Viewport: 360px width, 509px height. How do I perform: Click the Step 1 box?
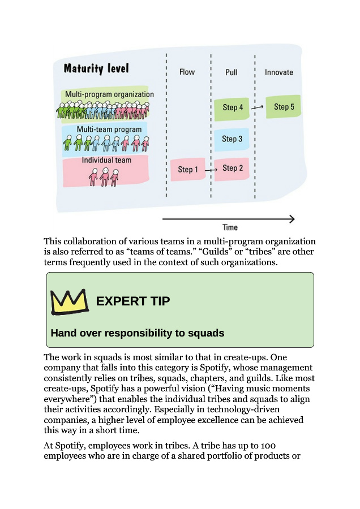(188, 169)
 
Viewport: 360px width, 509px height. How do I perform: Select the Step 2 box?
(232, 168)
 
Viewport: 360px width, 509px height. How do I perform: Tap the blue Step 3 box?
(232, 139)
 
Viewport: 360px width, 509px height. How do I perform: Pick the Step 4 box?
(233, 107)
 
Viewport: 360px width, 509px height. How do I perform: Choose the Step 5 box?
(284, 106)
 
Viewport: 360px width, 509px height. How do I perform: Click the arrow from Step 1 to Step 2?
(211, 169)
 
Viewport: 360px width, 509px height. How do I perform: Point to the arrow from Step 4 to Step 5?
(258, 107)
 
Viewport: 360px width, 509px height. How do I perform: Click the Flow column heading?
(187, 72)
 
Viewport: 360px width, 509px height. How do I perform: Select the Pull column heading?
(231, 72)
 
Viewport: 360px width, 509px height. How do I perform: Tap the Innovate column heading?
(279, 72)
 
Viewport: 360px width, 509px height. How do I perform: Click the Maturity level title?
(96, 69)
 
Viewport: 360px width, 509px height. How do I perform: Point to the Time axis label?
(230, 227)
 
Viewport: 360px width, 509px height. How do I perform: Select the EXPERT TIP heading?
(132, 301)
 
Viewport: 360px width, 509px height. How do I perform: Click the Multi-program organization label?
(109, 94)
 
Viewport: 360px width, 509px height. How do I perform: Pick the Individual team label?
(106, 160)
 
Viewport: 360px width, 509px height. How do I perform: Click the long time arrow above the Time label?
(229, 219)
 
